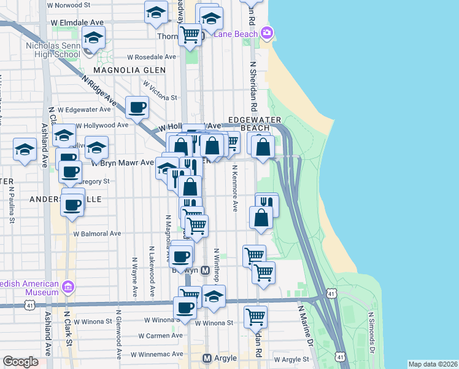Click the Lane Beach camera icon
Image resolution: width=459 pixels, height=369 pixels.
[267, 33]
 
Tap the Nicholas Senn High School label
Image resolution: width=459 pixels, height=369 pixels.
[52, 50]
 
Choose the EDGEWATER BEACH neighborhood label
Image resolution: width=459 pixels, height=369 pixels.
[254, 122]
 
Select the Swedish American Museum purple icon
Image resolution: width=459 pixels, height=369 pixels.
[67, 287]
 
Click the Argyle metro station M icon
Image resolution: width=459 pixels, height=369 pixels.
[207, 358]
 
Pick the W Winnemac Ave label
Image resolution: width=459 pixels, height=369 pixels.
[157, 354]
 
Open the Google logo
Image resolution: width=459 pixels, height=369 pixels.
[20, 362]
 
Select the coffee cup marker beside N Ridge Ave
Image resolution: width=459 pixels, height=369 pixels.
[137, 108]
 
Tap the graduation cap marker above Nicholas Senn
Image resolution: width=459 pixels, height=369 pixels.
[94, 39]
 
